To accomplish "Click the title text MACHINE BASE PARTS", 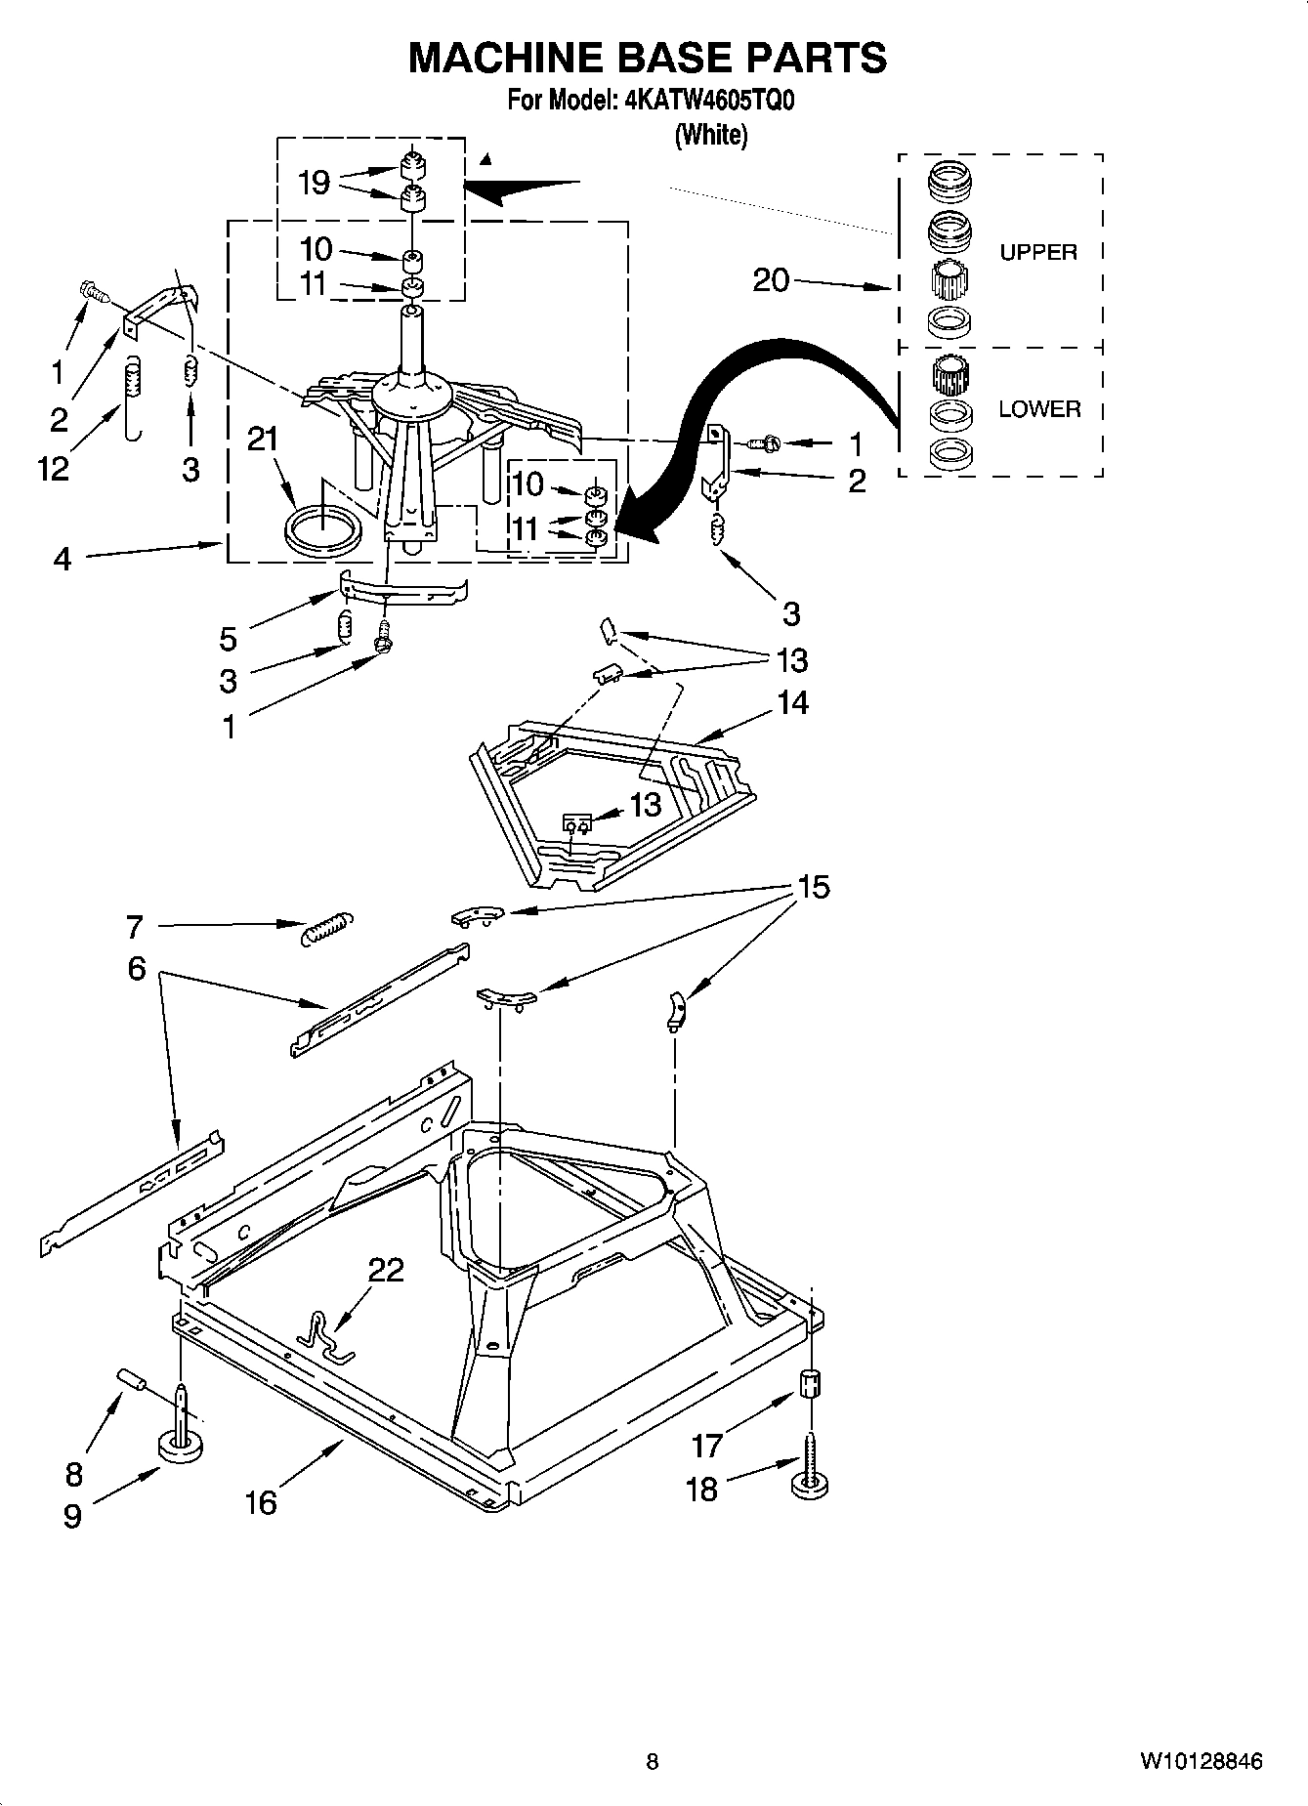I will coord(647,58).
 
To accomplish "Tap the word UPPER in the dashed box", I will coord(1037,252).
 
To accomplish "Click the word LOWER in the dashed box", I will coord(1038,409).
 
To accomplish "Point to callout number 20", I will coord(771,280).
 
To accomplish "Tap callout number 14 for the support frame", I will coord(792,702).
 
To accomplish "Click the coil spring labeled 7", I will coord(326,927).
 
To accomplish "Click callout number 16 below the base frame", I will coord(261,1502).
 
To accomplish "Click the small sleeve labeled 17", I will coord(811,1384).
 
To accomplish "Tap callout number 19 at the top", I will coord(314,183).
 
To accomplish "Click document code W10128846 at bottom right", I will coord(1200,1761).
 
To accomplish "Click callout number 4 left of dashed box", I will coord(63,560).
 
